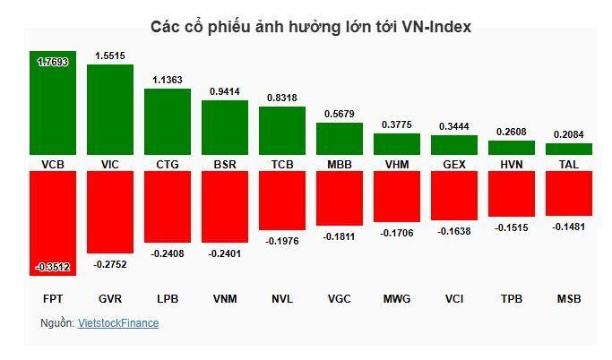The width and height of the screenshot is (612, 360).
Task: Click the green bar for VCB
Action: (52, 103)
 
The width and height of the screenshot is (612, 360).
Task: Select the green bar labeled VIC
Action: (109, 109)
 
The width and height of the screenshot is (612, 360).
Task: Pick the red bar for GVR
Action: (109, 211)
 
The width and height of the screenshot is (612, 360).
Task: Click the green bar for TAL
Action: (568, 149)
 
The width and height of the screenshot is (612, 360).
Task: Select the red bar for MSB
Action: (568, 193)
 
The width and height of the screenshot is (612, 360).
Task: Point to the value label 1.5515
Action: (109, 56)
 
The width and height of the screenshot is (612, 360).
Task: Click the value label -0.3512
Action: (52, 267)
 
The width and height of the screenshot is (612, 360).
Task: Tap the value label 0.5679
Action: (339, 114)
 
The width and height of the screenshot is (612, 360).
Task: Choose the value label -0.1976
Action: (281, 240)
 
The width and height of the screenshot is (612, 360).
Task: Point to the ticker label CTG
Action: (167, 165)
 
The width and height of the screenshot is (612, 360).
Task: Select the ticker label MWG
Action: (396, 298)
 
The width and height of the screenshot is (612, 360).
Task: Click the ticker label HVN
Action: (511, 165)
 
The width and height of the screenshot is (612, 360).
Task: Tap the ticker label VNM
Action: (224, 298)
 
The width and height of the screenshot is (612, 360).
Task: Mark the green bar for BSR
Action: (224, 127)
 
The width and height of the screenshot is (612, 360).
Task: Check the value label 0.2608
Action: (511, 132)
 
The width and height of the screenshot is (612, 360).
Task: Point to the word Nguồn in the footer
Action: (56, 323)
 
